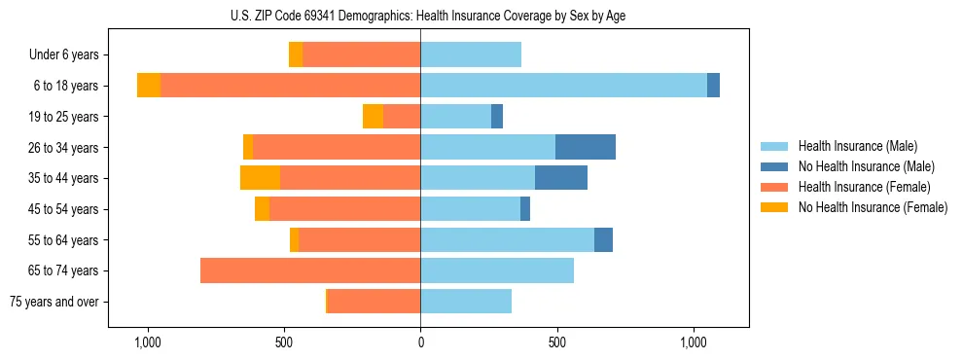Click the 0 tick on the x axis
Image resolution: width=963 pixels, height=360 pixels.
[x=420, y=342]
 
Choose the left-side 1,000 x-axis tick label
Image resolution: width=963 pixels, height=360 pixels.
[x=147, y=342]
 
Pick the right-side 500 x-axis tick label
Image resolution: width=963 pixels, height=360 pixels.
[x=556, y=342]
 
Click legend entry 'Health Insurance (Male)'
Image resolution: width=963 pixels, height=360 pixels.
[x=857, y=146]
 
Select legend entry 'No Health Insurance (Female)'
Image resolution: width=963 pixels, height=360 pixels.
[x=873, y=207]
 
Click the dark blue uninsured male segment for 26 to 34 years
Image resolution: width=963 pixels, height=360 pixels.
[x=586, y=147]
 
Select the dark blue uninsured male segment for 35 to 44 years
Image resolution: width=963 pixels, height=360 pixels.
[x=561, y=178]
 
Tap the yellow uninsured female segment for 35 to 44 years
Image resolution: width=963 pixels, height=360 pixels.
[x=260, y=178]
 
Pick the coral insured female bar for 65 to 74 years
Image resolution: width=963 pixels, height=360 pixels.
[x=310, y=270]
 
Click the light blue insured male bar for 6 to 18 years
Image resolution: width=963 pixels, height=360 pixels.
[x=563, y=86]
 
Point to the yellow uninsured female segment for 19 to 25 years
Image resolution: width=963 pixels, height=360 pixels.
[x=373, y=117]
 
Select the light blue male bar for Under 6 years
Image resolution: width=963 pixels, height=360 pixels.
[x=471, y=54]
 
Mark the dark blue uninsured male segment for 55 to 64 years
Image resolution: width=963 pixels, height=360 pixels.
[x=603, y=239]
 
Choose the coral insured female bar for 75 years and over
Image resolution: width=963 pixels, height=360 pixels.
[x=374, y=302]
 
